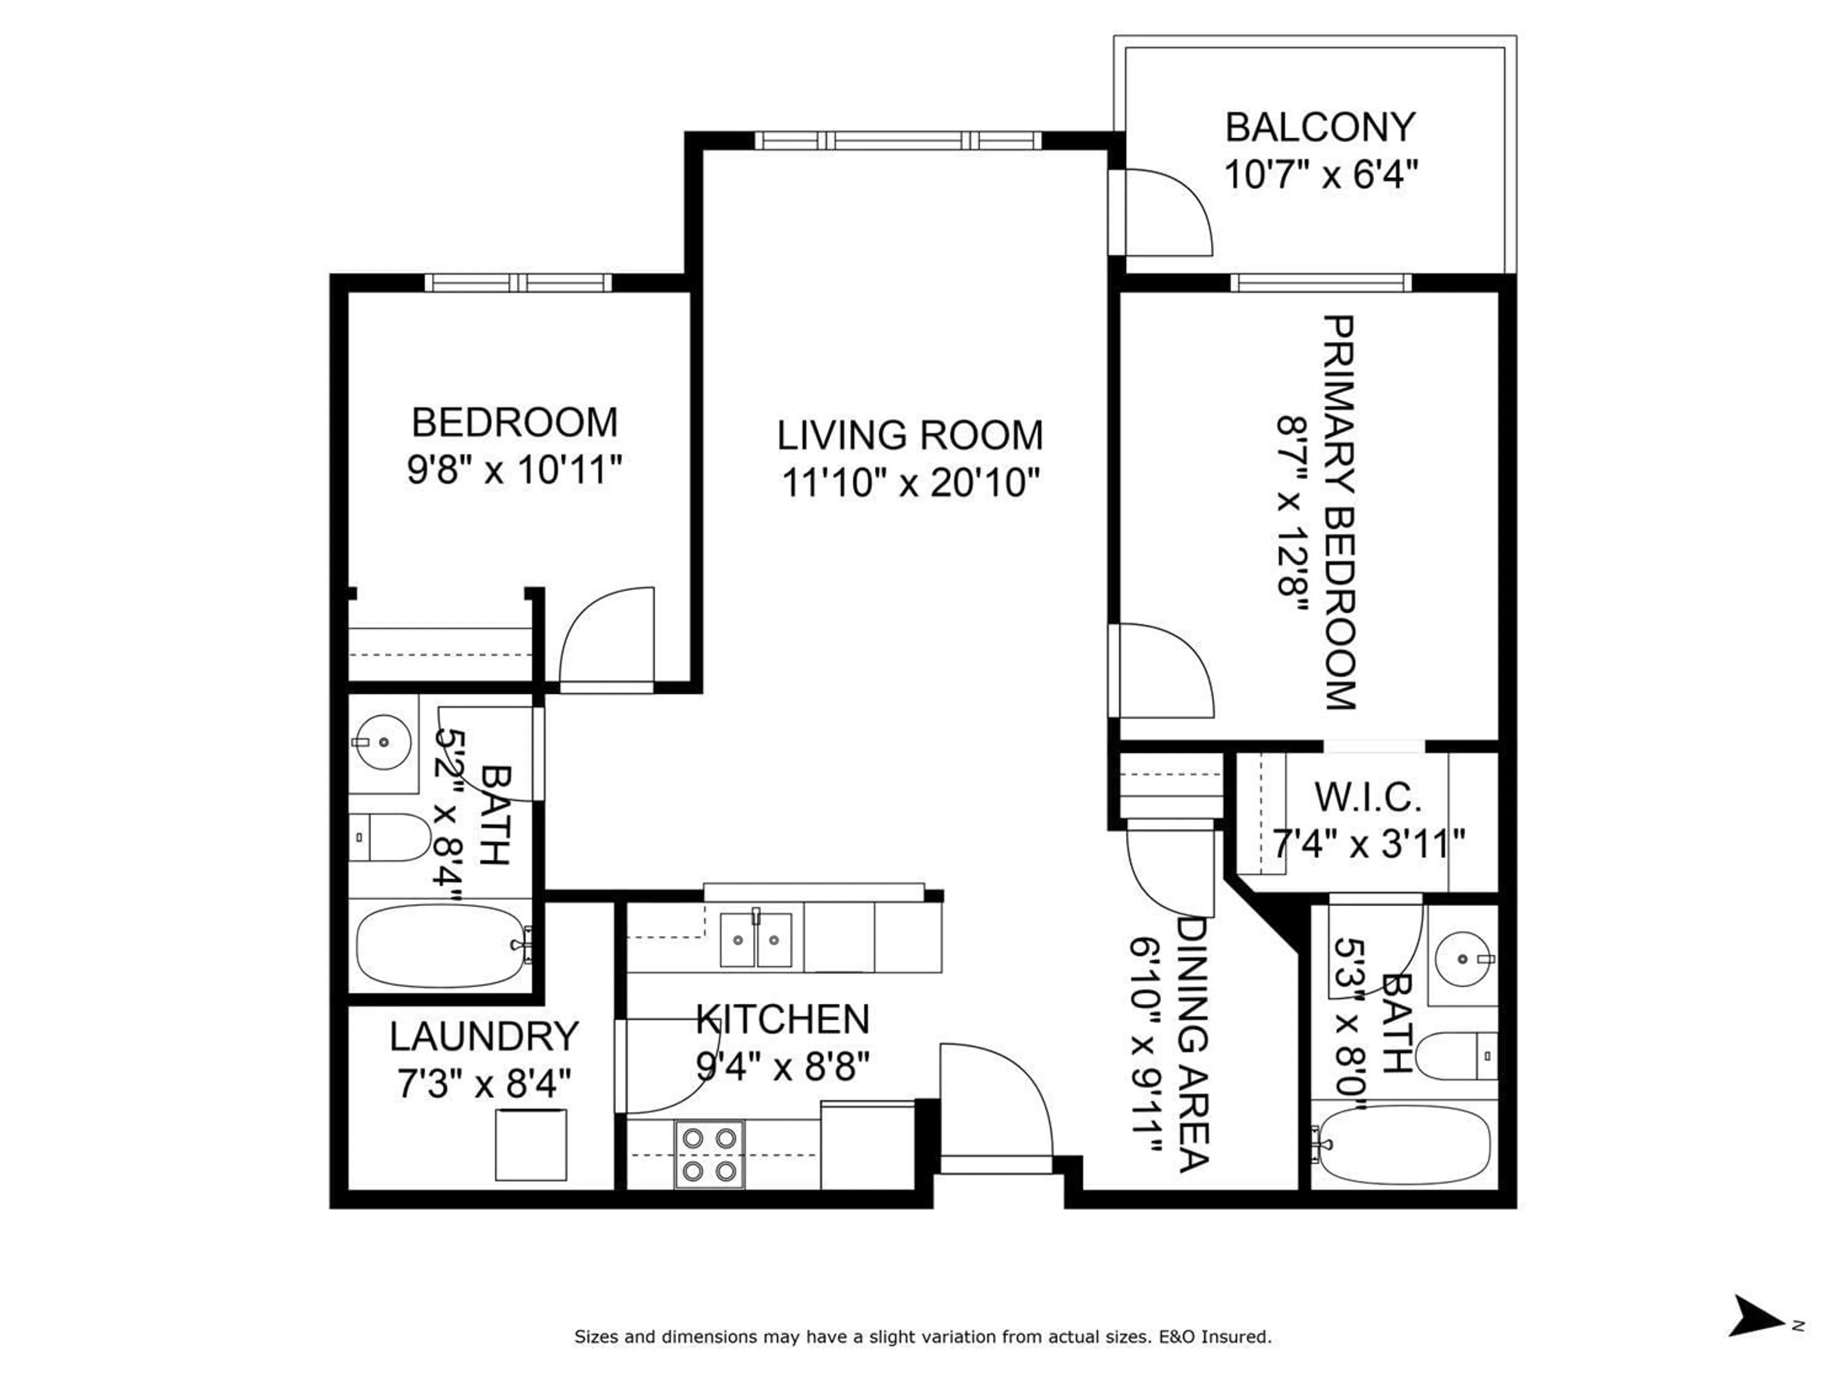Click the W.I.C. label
1369,798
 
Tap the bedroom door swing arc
607,638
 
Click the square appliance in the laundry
531,1145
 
